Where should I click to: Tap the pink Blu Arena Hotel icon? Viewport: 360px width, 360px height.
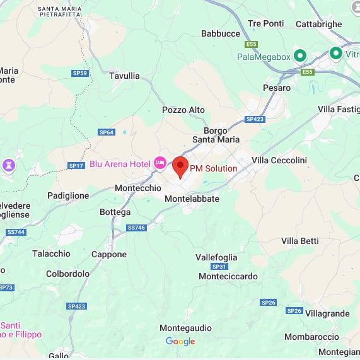point(160,164)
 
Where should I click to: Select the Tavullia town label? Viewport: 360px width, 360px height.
point(124,76)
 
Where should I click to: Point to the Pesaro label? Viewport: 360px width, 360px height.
point(277,88)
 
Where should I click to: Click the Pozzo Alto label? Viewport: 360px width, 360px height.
point(183,110)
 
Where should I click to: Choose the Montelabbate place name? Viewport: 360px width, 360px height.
point(192,199)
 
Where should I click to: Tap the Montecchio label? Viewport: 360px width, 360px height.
point(138,188)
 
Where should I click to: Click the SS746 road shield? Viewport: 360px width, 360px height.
point(136,228)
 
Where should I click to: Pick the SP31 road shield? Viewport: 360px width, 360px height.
point(219,267)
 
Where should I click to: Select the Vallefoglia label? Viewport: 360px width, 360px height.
point(216,257)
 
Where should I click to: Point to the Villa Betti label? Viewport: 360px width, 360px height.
point(300,241)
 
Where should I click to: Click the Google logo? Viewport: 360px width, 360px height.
point(180,342)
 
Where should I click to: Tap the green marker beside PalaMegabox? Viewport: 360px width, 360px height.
point(300,56)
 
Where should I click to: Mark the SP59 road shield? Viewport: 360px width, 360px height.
point(80,73)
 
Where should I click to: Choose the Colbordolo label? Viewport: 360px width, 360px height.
point(67,274)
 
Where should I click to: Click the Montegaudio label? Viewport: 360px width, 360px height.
point(185,328)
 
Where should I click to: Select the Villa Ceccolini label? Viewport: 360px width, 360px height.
point(279,160)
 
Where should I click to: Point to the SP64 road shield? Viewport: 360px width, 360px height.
point(106,132)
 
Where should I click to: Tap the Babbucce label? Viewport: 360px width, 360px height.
point(221,33)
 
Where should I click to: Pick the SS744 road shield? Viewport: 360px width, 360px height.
point(16,232)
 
